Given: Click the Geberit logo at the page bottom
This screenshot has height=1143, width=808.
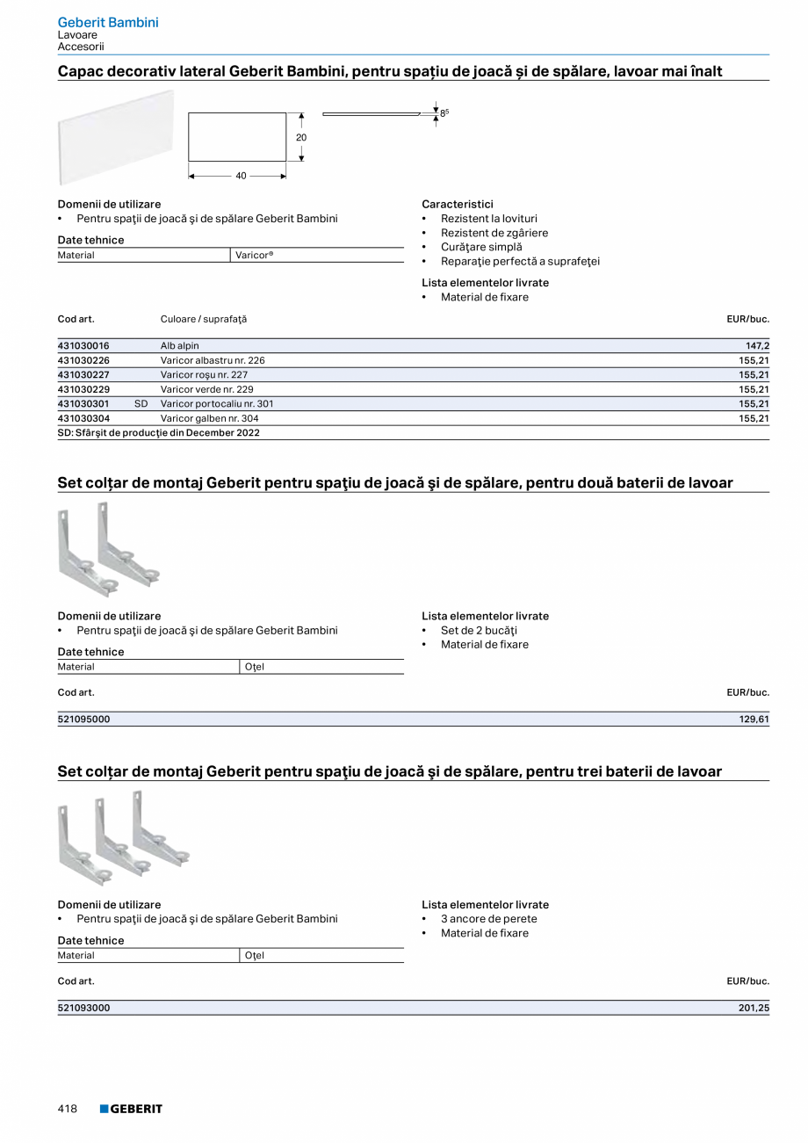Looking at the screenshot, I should (131, 1109).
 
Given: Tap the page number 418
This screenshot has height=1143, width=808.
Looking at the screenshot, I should (68, 1109).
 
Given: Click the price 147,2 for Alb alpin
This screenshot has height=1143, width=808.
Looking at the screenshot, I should (758, 346).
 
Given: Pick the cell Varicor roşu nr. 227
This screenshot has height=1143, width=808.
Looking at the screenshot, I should (204, 374).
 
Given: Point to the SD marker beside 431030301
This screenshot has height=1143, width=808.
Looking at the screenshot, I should (141, 403).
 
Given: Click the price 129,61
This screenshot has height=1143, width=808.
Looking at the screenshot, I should (754, 720).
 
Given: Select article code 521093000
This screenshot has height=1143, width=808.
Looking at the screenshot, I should (84, 1008).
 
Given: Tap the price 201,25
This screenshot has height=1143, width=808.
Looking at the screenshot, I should (754, 1008).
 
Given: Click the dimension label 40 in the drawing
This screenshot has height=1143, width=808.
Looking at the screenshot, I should (241, 176).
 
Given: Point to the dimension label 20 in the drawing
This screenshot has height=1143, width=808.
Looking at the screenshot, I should (301, 138).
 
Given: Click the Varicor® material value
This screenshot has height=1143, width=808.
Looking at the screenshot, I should (255, 255).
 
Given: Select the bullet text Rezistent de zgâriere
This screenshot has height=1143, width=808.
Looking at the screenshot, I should (494, 233).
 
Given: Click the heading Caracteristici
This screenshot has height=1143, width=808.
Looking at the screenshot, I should (457, 204).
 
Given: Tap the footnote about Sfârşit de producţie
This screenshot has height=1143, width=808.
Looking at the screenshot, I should (159, 432).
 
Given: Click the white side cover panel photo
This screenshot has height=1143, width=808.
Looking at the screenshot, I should (115, 138).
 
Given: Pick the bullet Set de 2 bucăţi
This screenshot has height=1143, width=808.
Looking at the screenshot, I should (479, 630).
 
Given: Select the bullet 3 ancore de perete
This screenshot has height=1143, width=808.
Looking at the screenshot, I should (488, 919).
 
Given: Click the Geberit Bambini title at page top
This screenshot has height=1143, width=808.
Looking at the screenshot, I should (108, 22).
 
